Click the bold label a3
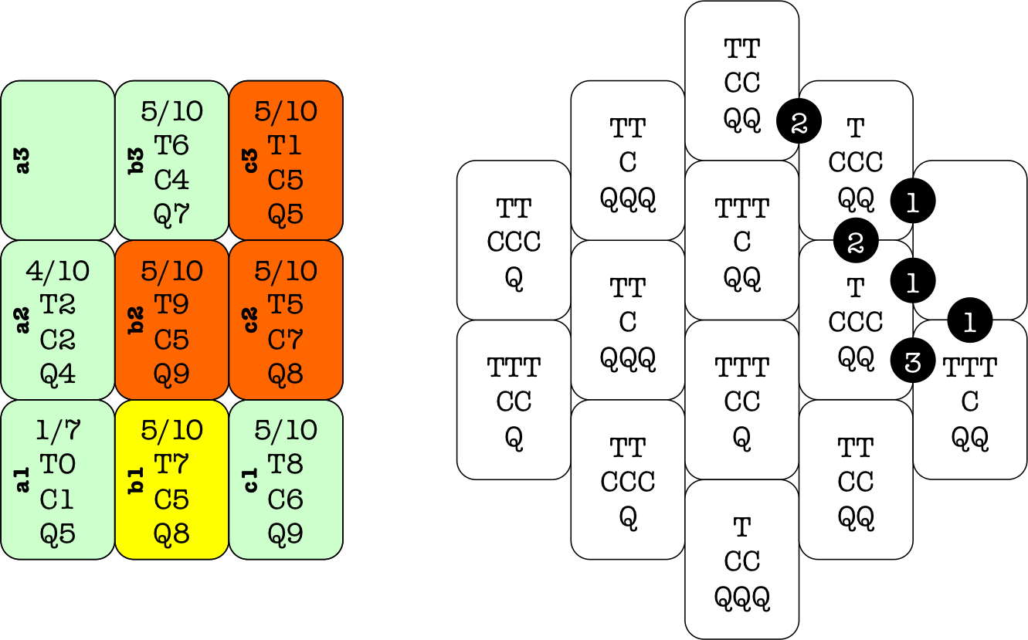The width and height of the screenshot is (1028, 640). [23, 161]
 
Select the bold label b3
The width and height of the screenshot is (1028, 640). [137, 161]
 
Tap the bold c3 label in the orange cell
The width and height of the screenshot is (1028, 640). [251, 161]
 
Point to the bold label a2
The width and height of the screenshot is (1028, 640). [23, 320]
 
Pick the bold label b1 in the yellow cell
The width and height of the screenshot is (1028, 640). [137, 479]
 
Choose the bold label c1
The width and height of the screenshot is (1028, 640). [251, 479]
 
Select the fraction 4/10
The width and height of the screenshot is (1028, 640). [58, 271]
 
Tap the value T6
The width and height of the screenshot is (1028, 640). [171, 145]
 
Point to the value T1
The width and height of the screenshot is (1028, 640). [285, 145]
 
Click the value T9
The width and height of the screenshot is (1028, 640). [171, 305]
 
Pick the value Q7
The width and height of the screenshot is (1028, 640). [171, 214]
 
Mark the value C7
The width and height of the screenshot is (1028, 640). [285, 339]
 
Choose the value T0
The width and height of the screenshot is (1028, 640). [58, 465]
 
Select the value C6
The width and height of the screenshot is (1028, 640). [285, 499]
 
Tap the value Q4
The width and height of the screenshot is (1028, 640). [58, 374]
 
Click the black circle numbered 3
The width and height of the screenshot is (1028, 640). [913, 362]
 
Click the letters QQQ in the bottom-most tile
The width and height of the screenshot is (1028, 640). [742, 596]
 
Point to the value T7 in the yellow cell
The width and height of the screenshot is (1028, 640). [171, 465]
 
